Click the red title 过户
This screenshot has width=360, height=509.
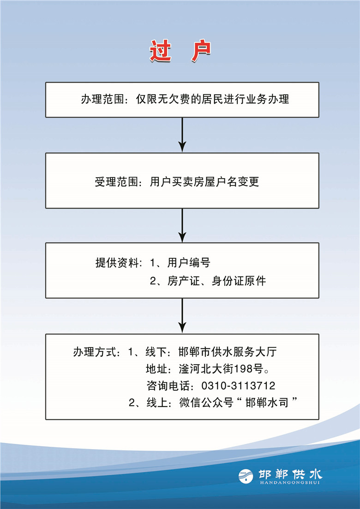(x=180, y=51)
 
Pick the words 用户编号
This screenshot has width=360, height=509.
(x=189, y=263)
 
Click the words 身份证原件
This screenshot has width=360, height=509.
(x=239, y=281)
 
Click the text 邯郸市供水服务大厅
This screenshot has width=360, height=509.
(x=228, y=352)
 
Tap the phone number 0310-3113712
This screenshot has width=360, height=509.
(x=239, y=386)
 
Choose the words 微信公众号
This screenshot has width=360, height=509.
(x=206, y=403)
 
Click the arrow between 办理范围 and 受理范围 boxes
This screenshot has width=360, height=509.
(x=182, y=135)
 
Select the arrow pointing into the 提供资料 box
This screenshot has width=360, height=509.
(x=182, y=225)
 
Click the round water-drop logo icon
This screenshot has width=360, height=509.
(x=246, y=476)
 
